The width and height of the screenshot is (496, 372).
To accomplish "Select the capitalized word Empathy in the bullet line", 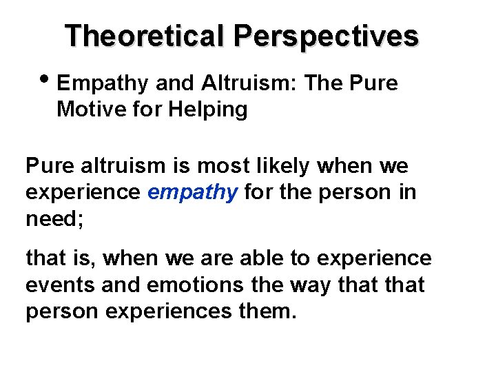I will [x=103, y=84].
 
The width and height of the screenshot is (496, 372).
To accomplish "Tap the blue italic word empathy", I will [x=193, y=192].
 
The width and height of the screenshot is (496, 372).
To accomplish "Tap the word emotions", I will [x=196, y=285].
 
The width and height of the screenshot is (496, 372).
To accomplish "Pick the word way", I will [x=313, y=285].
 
